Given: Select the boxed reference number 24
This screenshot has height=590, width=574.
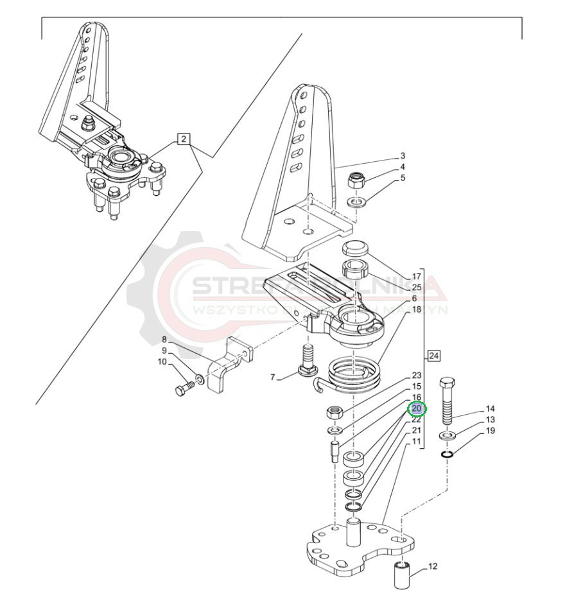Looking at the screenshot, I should click(x=434, y=355).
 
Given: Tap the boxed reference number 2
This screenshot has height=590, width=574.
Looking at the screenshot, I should click(x=184, y=139).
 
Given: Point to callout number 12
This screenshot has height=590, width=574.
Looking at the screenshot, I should click(x=432, y=566).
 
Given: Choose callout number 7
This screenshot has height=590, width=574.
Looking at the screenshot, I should click(x=273, y=377).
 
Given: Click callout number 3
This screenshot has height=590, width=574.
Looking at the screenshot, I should click(x=403, y=156).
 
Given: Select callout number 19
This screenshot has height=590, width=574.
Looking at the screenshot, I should click(x=490, y=431).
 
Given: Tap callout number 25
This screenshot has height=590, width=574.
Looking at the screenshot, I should click(x=417, y=287).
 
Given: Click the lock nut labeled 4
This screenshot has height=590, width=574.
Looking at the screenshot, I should click(x=358, y=179).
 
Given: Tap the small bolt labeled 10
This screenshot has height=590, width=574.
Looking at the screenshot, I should click(x=185, y=387).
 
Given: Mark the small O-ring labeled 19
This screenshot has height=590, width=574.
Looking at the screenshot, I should click(x=448, y=455).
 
